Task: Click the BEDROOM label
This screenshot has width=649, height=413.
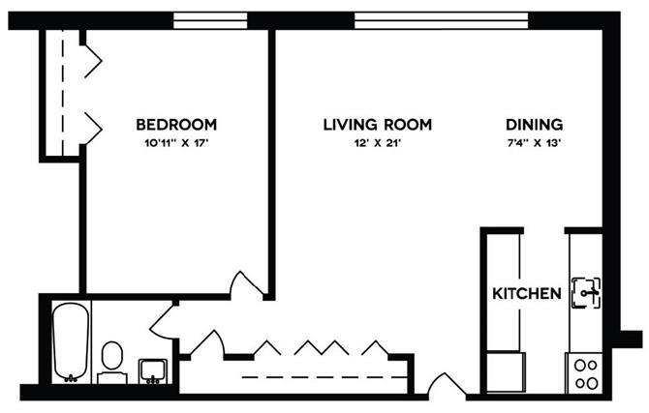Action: pos(175,125)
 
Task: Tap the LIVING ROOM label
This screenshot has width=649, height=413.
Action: pos(376,125)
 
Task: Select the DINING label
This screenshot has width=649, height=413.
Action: pos(534,125)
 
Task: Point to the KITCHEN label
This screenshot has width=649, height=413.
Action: pos(527,293)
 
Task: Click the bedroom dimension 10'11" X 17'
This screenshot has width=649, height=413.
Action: pos(175,143)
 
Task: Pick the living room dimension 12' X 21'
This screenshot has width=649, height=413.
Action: pos(376,143)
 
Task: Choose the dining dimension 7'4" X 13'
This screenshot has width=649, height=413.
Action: pos(534,143)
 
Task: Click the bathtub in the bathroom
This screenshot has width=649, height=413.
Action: pos(71,341)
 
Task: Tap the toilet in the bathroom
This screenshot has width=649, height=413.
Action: pos(111,356)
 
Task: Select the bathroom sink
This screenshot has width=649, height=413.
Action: pos(153,369)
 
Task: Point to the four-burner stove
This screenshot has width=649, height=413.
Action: pos(585,371)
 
